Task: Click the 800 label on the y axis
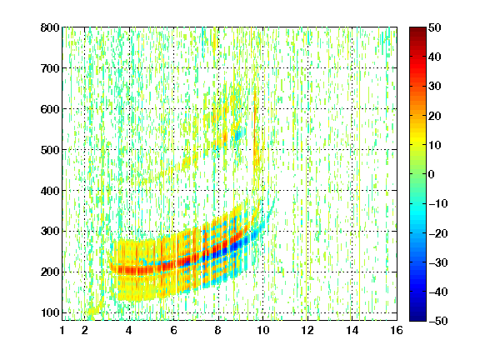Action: point(50,27)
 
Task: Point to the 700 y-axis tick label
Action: point(50,68)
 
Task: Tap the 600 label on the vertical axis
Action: point(50,109)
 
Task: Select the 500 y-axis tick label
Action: point(50,150)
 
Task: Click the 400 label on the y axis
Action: point(50,191)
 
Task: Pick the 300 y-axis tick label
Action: point(50,232)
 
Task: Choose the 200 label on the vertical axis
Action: point(50,272)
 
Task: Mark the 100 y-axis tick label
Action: point(50,313)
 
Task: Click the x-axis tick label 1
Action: point(62,330)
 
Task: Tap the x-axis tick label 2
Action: point(85,330)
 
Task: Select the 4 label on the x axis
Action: point(129,330)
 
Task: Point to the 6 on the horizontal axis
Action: point(173,330)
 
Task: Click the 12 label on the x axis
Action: point(307,330)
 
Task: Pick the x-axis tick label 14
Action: point(352,330)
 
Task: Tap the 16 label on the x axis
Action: point(397,330)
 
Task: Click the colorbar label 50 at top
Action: point(434,27)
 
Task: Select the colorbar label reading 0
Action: point(432,174)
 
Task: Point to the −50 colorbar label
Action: point(437,321)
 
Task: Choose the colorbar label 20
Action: point(434,116)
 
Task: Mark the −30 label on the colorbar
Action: point(437,262)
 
